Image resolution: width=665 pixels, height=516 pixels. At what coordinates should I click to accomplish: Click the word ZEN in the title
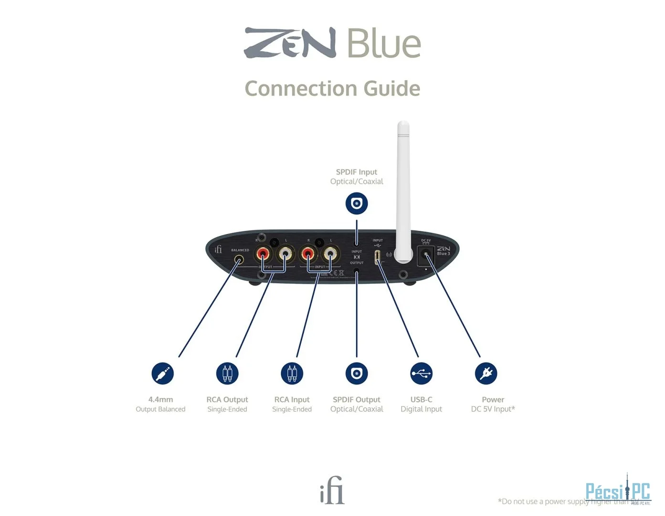coord(290,43)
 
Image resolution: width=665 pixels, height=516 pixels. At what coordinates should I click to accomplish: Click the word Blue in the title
coord(384,43)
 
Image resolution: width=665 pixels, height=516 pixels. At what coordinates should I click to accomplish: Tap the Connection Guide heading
coord(332,88)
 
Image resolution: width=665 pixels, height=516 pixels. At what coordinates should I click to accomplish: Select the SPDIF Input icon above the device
coord(357,204)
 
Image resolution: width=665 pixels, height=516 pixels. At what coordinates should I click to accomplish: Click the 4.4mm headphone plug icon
coord(162,373)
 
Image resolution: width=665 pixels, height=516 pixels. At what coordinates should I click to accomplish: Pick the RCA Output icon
coord(227,373)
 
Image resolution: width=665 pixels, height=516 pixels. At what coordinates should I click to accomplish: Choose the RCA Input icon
coord(292,373)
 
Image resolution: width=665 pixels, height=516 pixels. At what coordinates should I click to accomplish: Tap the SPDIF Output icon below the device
coord(357,373)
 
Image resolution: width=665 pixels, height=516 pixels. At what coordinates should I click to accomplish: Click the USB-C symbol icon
coord(421,373)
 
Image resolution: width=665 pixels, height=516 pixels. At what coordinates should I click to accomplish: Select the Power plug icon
coord(486,373)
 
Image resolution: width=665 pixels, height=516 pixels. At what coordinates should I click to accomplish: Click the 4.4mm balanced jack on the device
coord(239,260)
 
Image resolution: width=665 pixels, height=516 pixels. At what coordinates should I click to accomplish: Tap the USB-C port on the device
coord(377,257)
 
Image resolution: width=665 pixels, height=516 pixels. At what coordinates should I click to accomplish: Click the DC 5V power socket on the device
coord(425,255)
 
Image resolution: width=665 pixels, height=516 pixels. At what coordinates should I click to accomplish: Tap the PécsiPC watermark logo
coord(618,491)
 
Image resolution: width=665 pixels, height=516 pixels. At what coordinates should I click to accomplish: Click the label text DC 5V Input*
coord(493,409)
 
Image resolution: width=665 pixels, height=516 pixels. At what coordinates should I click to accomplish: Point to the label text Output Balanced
coord(160,409)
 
